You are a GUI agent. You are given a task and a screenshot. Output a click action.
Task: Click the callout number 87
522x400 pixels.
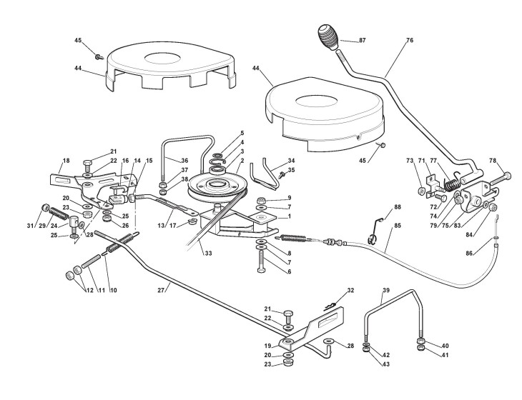[363, 41]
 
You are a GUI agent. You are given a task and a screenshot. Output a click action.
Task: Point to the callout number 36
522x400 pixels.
[184, 160]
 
